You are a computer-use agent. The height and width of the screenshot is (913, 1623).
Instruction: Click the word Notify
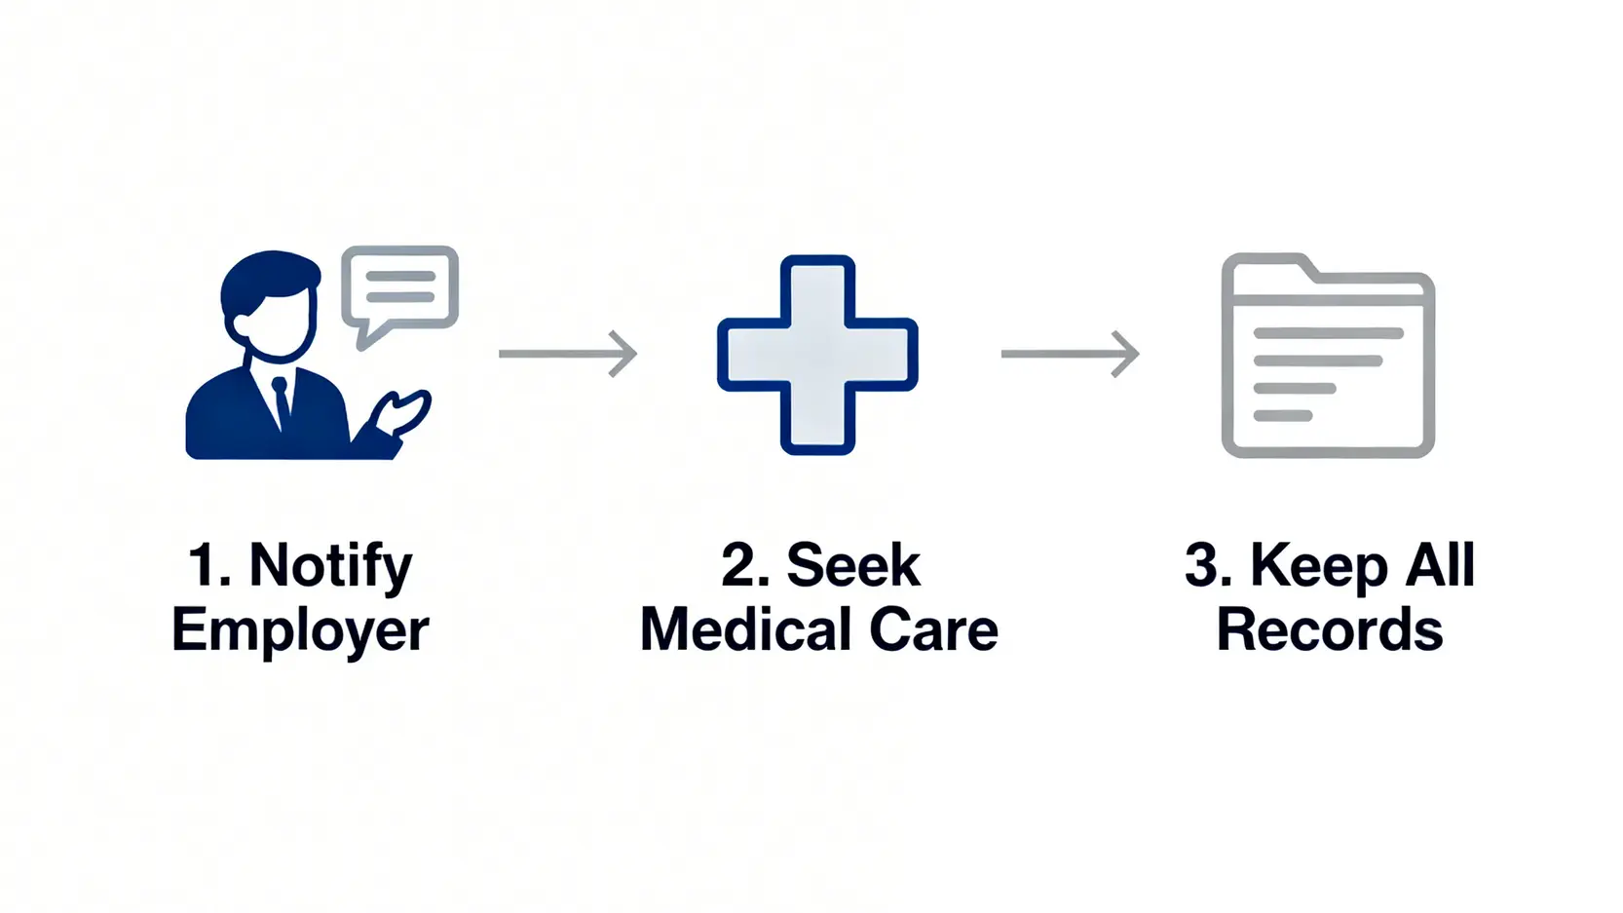[330, 566]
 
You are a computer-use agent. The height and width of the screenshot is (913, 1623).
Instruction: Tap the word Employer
[300, 630]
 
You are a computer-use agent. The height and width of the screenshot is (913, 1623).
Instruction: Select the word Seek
[852, 566]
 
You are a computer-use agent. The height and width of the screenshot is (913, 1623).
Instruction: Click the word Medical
[746, 630]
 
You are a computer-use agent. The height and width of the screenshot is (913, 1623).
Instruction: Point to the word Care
[933, 630]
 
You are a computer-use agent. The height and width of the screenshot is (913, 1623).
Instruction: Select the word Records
[1329, 630]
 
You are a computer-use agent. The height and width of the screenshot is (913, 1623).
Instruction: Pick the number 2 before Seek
[743, 566]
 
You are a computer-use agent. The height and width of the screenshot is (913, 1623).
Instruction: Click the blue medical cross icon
[817, 355]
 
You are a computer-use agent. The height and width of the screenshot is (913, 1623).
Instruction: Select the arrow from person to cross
[567, 353]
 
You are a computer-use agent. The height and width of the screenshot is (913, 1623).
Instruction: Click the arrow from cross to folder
[1070, 353]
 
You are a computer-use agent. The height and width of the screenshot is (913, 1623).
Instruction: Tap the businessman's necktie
[281, 399]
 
